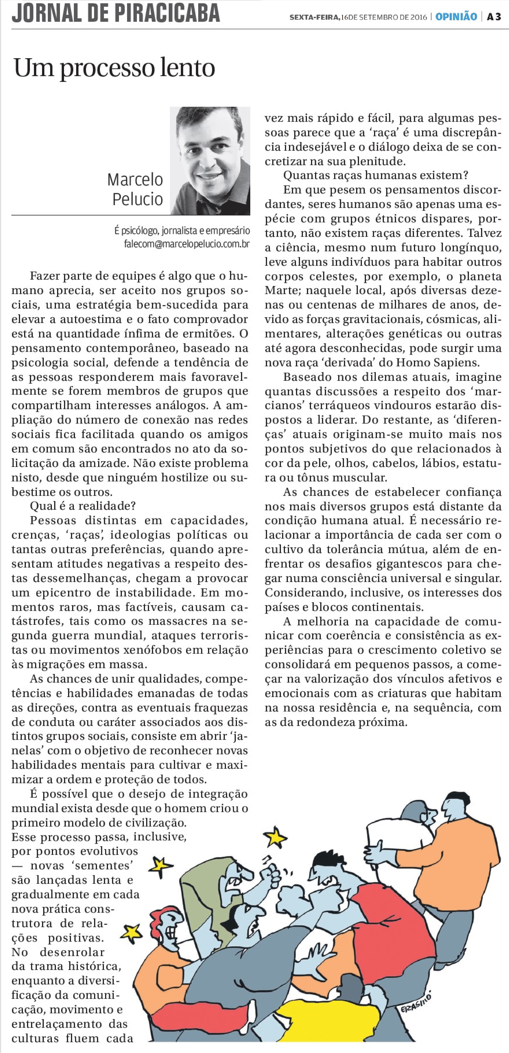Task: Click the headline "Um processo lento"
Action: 115,68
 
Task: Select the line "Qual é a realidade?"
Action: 83,506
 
